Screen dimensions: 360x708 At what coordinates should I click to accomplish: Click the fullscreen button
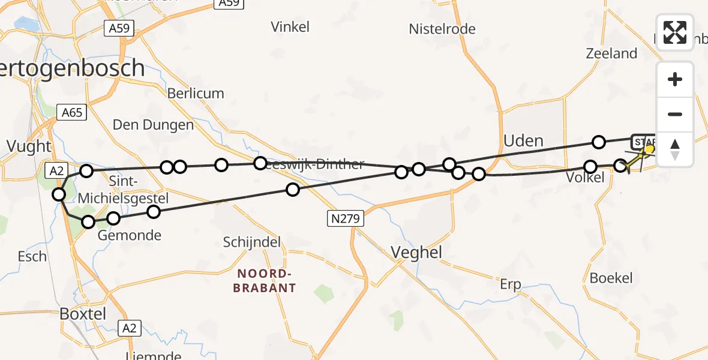[675, 32]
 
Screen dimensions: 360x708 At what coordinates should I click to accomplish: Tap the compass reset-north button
[675, 149]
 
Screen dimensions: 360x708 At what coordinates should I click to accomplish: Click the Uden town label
[523, 141]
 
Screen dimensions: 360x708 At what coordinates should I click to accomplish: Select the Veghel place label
[416, 253]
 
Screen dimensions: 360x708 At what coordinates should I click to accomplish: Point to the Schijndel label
[252, 242]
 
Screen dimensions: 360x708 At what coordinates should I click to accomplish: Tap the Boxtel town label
[83, 314]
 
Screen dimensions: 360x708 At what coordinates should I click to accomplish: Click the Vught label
[29, 145]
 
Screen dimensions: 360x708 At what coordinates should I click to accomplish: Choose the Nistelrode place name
[442, 29]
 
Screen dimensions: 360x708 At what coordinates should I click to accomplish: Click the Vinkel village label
[290, 26]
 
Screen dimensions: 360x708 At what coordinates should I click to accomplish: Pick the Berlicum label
[196, 94]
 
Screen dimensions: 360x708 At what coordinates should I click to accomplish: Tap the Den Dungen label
[153, 125]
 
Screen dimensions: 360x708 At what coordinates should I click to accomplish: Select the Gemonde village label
[129, 235]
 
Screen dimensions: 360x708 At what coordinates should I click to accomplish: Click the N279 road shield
[345, 219]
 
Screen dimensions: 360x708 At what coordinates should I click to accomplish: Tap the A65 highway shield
[72, 112]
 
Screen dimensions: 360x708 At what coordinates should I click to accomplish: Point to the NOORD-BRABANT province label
[266, 281]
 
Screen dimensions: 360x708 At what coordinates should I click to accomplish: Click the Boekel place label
[611, 278]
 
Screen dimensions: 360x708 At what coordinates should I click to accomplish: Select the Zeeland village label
[611, 53]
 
